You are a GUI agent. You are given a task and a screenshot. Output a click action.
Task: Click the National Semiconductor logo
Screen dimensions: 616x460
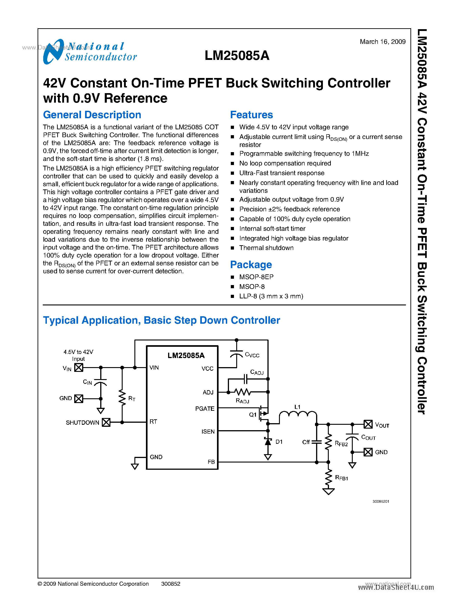[90, 52]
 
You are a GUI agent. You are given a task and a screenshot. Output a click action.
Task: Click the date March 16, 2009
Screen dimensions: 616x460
[382, 42]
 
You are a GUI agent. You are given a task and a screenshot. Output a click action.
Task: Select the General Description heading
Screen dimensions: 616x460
[92, 115]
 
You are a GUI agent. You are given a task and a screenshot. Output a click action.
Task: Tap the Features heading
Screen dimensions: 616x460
[251, 115]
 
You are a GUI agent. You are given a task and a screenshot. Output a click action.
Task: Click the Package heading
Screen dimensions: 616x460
[251, 264]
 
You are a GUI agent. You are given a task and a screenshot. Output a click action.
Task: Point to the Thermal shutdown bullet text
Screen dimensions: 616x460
[266, 248]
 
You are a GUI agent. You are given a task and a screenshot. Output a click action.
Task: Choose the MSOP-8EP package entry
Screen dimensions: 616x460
[256, 277]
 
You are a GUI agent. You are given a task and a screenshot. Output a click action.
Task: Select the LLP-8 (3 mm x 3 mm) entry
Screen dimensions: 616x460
[271, 296]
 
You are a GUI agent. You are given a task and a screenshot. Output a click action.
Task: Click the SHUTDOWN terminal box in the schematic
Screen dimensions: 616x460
[106, 422]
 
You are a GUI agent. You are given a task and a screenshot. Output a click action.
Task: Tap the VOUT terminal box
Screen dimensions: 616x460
[368, 424]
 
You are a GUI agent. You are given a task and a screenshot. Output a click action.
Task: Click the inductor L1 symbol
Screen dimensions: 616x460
[298, 415]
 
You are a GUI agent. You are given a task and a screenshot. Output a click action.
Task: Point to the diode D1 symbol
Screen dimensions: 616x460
[268, 441]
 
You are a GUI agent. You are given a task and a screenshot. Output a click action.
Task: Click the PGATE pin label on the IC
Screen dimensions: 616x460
[205, 408]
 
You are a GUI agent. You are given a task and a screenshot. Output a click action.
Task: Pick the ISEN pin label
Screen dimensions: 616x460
[208, 432]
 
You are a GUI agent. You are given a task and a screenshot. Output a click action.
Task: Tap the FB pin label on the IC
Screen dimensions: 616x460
[211, 462]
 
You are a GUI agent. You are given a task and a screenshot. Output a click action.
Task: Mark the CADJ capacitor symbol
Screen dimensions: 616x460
[245, 379]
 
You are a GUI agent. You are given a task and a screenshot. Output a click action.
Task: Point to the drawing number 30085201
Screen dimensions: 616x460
[381, 501]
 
